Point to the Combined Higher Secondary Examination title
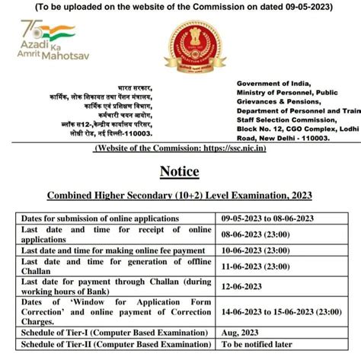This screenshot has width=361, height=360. coord(180,194)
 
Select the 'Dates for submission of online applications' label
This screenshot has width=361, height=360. coord(101,218)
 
